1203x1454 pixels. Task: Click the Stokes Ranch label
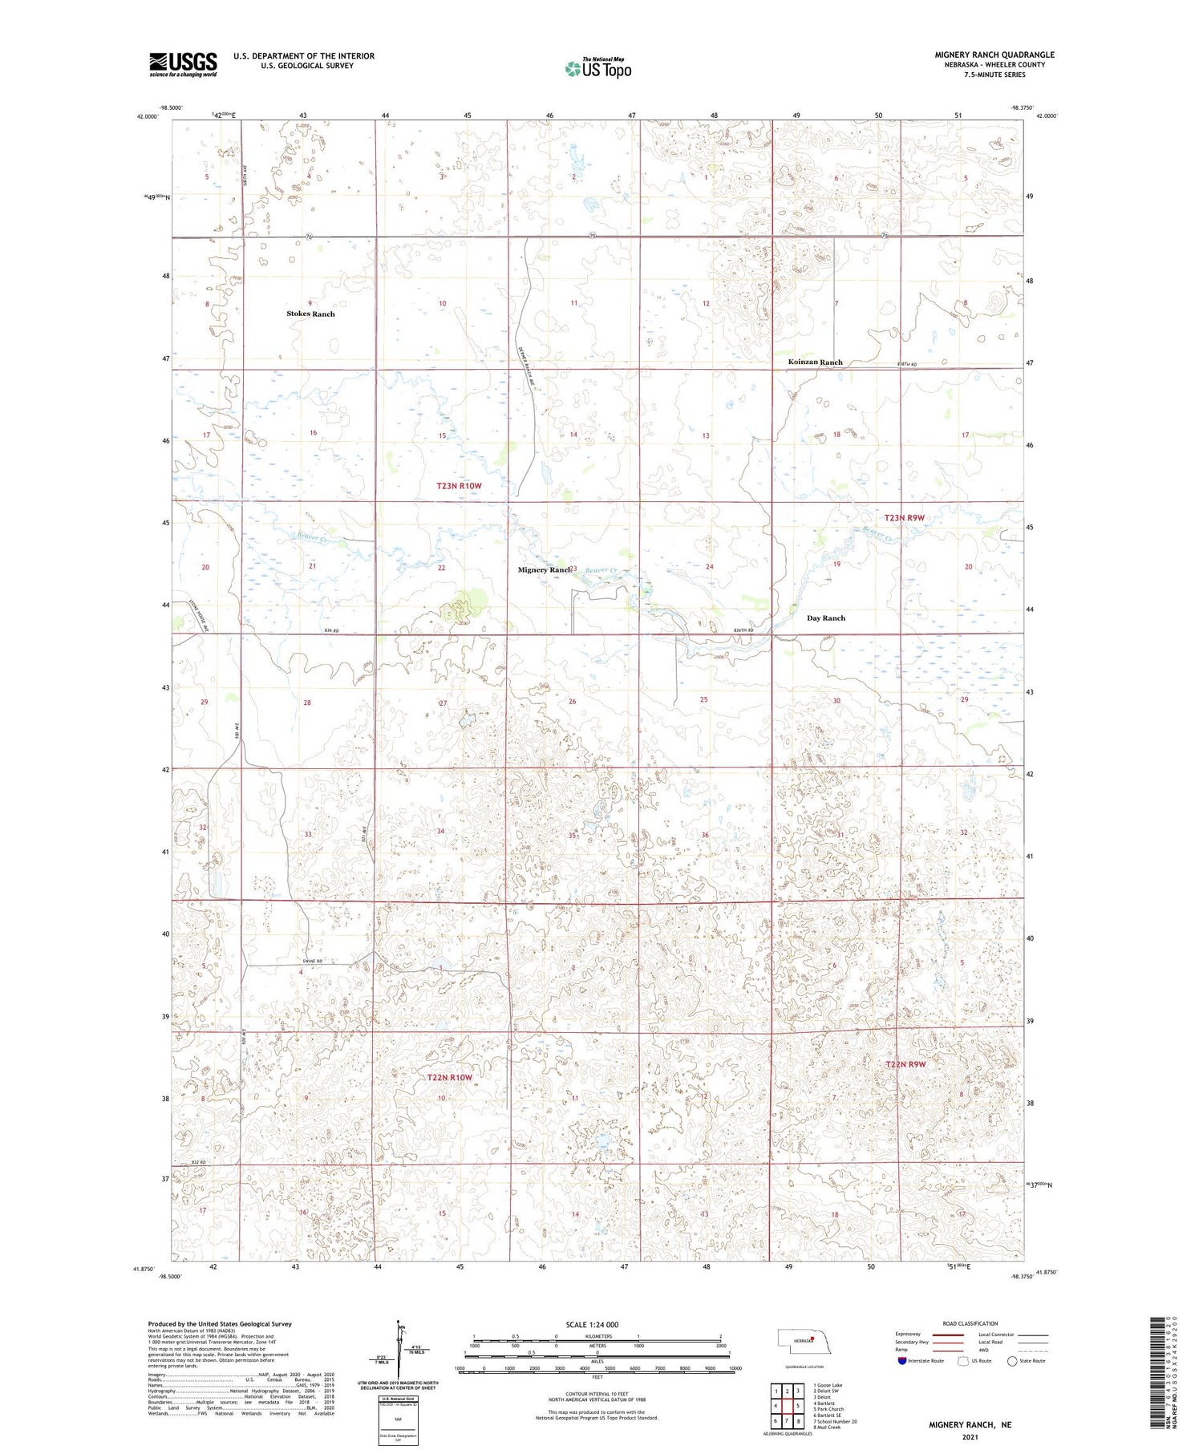pos(310,314)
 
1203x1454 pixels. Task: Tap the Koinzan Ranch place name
pos(815,362)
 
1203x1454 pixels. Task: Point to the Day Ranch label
pos(825,618)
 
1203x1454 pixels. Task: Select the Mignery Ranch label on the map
pos(545,570)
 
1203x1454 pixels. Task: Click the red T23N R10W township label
pos(459,486)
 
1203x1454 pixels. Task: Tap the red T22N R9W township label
pos(905,1064)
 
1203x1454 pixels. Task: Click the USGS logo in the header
pos(183,64)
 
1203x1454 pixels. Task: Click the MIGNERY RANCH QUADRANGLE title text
pos(994,55)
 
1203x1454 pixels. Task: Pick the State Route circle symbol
pos(1012,1361)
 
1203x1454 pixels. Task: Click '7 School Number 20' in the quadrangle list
pos(835,1421)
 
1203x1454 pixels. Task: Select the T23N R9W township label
pos(904,518)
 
